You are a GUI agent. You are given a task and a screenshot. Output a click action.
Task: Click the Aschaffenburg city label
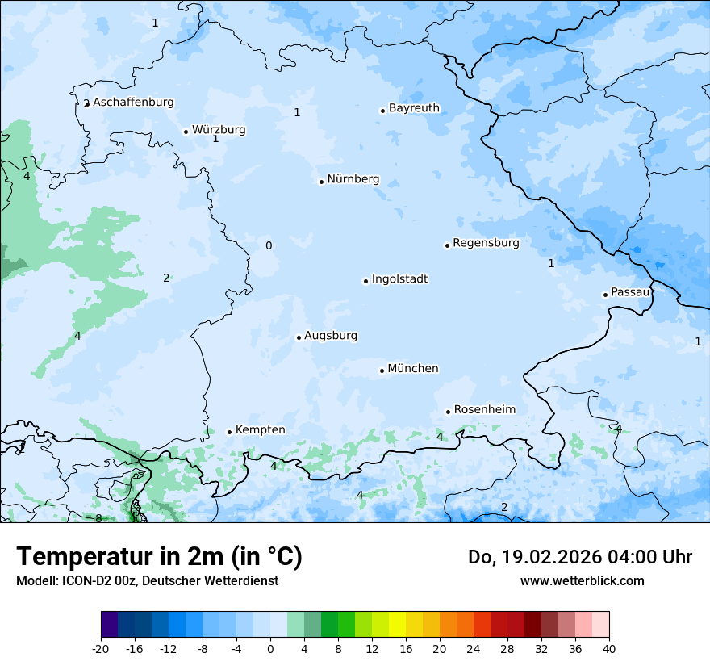point(133,103)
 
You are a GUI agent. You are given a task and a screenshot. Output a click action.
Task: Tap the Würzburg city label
point(219,130)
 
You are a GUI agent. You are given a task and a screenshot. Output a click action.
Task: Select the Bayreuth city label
point(414,108)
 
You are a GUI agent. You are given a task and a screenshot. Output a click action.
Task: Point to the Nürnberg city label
point(353,180)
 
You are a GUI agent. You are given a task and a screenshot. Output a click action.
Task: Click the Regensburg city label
point(486,243)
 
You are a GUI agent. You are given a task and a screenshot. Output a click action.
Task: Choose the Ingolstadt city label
point(399,279)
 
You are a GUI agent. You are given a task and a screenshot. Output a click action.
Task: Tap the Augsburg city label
point(331,336)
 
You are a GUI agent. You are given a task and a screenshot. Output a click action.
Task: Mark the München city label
point(413,369)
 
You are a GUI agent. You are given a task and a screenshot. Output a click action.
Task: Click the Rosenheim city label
point(484,410)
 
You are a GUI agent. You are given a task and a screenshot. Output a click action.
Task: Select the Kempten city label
point(260,430)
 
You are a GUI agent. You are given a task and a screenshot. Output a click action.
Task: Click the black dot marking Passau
point(605,295)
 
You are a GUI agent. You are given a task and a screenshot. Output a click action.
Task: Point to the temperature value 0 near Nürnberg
point(269,246)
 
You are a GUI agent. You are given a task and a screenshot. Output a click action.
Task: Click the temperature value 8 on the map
point(98,518)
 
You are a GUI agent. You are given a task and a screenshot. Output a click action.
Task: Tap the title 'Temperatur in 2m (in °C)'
point(159,557)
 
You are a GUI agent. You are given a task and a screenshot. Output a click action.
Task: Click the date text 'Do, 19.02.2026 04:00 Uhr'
point(579,557)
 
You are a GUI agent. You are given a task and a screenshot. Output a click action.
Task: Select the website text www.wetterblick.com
point(582,581)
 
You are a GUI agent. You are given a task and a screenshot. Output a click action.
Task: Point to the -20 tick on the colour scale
point(101,648)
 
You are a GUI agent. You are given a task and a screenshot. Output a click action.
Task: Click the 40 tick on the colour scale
point(609,648)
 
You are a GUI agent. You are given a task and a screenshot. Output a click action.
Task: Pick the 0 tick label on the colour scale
point(270,648)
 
